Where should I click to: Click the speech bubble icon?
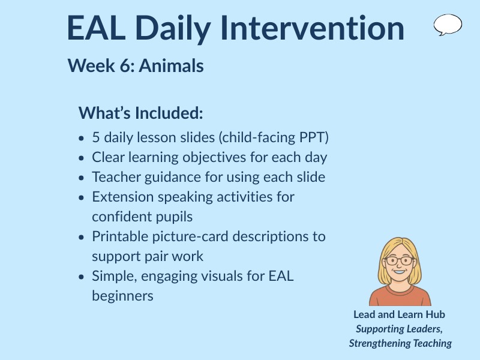(x=448, y=25)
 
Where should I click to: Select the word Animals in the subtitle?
(x=171, y=66)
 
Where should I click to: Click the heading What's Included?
(x=141, y=113)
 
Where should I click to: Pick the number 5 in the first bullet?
(x=96, y=137)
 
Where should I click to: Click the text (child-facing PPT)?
(x=274, y=137)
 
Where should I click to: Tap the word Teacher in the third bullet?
(x=113, y=177)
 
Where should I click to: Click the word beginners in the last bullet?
(x=122, y=296)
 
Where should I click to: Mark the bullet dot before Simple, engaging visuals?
(x=82, y=277)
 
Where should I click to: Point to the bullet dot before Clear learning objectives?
(x=82, y=158)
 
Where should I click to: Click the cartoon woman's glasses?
(x=399, y=260)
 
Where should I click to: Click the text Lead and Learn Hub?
(x=399, y=314)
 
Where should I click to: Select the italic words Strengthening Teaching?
(x=400, y=343)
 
